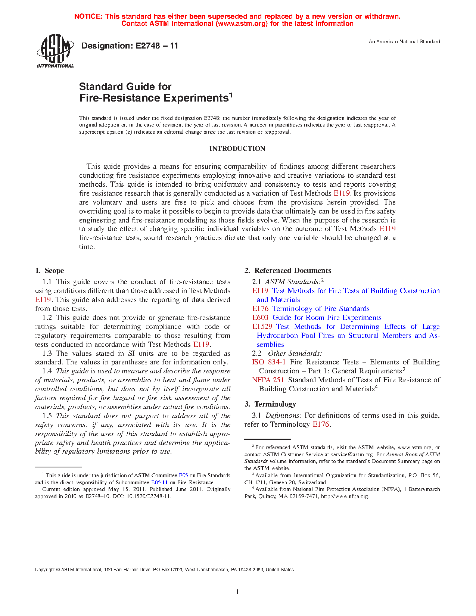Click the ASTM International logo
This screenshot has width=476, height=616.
pyautogui.click(x=55, y=52)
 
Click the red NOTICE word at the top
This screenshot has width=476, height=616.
pyautogui.click(x=88, y=16)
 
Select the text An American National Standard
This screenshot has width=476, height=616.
pyautogui.click(x=404, y=42)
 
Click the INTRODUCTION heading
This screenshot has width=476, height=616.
pyautogui.click(x=237, y=149)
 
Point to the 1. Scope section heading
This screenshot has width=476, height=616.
pyautogui.click(x=50, y=271)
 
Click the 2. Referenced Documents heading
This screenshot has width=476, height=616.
pyautogui.click(x=288, y=271)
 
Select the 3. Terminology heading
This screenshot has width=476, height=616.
pyautogui.click(x=270, y=404)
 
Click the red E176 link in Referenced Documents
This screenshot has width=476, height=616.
pyautogui.click(x=260, y=309)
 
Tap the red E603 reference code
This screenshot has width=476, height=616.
pyautogui.click(x=260, y=318)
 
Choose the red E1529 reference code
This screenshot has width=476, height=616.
pyautogui.click(x=262, y=327)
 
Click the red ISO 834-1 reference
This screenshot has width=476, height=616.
pyautogui.click(x=269, y=362)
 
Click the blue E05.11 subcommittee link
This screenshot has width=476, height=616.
pyautogui.click(x=159, y=482)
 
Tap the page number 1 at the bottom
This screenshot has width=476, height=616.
pyautogui.click(x=237, y=592)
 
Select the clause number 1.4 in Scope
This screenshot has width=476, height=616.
pyautogui.click(x=47, y=371)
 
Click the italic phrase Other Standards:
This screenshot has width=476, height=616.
pyautogui.click(x=295, y=354)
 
